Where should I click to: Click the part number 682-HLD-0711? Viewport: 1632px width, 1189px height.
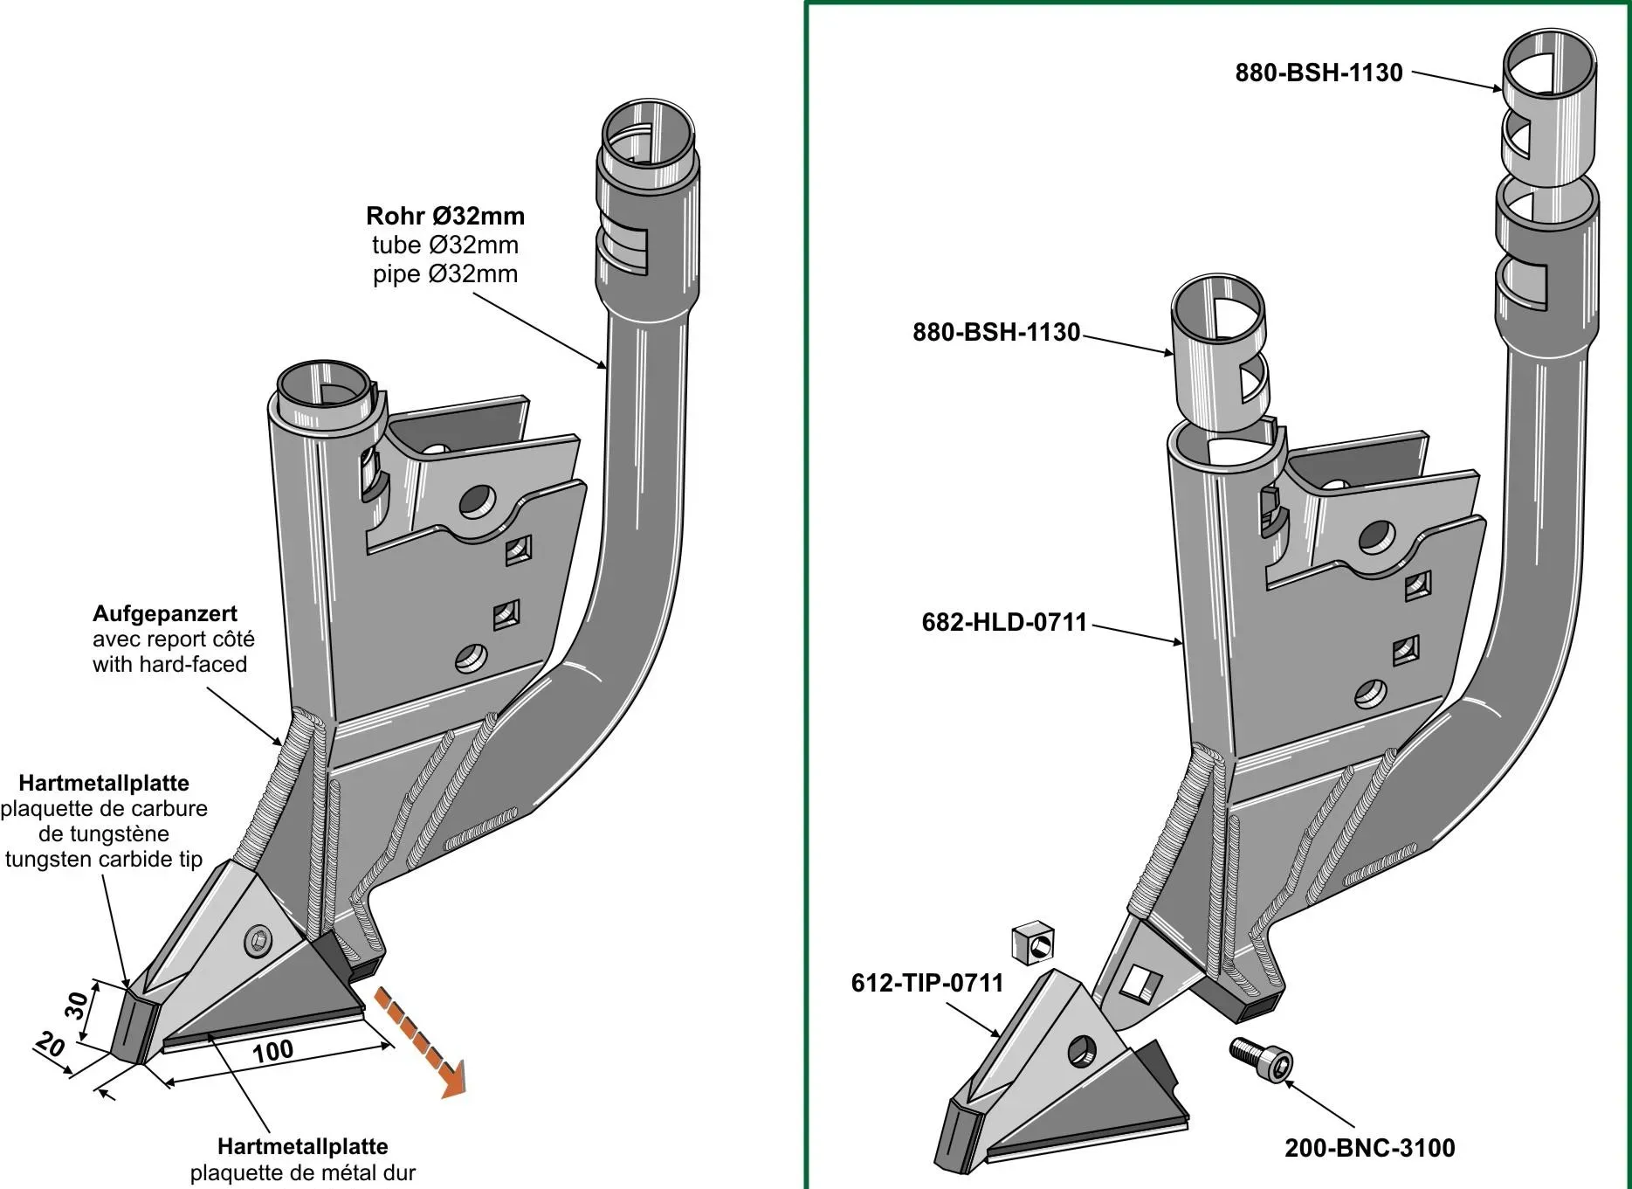pyautogui.click(x=1004, y=622)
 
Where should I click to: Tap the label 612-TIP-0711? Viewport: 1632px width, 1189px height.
pyautogui.click(x=927, y=983)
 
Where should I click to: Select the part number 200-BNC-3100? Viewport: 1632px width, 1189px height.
pyautogui.click(x=1369, y=1147)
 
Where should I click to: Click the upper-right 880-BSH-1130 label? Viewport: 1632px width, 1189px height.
pyautogui.click(x=1319, y=73)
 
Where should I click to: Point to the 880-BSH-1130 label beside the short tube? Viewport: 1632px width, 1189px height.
pyautogui.click(x=996, y=332)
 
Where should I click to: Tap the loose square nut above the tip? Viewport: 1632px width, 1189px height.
pyautogui.click(x=1033, y=943)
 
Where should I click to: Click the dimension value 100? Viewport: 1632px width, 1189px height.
pyautogui.click(x=273, y=1051)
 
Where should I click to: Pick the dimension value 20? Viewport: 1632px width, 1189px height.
pyautogui.click(x=51, y=1045)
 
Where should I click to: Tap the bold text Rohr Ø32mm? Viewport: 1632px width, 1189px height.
pyautogui.click(x=445, y=216)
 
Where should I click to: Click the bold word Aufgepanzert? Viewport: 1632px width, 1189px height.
pyautogui.click(x=165, y=613)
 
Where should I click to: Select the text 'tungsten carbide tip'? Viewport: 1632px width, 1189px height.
pyautogui.click(x=104, y=859)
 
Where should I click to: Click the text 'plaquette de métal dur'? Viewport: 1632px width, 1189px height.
pyautogui.click(x=303, y=1172)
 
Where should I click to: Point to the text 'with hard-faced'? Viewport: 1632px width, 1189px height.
pyautogui.click(x=169, y=664)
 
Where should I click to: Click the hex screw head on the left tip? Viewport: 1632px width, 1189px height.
pyautogui.click(x=259, y=940)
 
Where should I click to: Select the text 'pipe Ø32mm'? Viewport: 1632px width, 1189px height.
pyautogui.click(x=445, y=273)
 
